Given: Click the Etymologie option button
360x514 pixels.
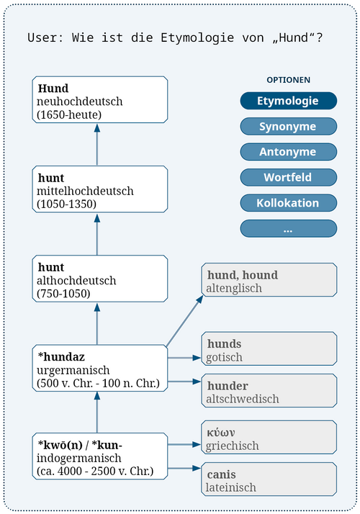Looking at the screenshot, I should (288, 102).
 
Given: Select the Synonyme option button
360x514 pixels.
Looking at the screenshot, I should (288, 127).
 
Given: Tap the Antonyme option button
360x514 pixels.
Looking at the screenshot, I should (288, 152).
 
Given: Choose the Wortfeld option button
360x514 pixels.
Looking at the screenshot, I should (288, 177).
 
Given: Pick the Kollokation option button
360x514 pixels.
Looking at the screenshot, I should (288, 203).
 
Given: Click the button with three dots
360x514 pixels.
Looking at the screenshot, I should (288, 229).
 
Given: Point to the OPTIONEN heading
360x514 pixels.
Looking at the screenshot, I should (288, 80).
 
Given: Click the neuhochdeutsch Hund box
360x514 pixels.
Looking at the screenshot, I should (100, 100).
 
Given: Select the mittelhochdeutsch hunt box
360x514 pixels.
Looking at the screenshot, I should (100, 190).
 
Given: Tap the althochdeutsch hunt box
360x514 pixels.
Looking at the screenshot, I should (100, 279).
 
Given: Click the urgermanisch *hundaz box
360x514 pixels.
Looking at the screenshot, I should (100, 368).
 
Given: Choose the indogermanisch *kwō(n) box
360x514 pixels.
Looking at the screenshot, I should (100, 457).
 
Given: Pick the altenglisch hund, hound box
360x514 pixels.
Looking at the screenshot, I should (268, 281).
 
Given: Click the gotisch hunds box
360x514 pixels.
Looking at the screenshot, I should (268, 350).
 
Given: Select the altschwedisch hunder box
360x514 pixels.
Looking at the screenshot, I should (268, 391).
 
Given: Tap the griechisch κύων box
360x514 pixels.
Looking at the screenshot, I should (268, 438).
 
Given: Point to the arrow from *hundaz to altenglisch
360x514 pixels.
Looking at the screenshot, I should (185, 320).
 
